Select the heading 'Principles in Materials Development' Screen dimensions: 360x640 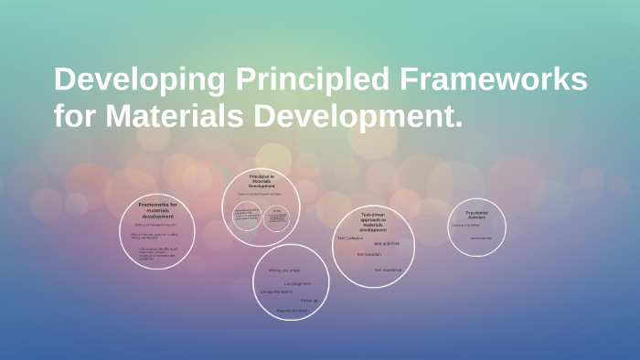pyautogui.click(x=261, y=180)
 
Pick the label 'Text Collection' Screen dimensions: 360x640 pyautogui.click(x=352, y=238)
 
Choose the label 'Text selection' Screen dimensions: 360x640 pyautogui.click(x=368, y=255)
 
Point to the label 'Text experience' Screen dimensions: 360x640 pyautogui.click(x=387, y=270)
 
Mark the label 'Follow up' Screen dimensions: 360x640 pyautogui.click(x=309, y=301)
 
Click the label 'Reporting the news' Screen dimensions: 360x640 pyautogui.click(x=293, y=310)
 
